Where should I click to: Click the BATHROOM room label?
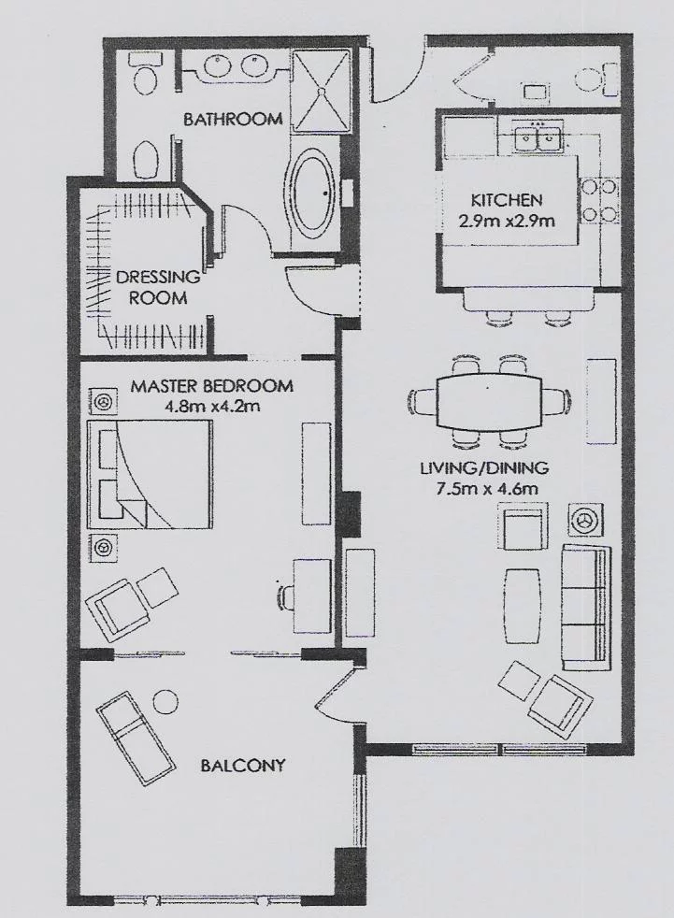coord(233,120)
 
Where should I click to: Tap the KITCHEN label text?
coord(507,200)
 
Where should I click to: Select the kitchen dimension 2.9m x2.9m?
coord(507,222)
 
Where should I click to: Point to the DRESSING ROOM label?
coord(158,287)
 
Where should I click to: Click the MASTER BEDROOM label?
coord(211,386)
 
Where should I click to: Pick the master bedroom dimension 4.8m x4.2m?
coord(212,405)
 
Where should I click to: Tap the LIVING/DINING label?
coord(484,467)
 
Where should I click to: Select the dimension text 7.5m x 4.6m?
coord(486,488)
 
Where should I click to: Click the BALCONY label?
coord(242,766)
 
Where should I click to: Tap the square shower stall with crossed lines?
coord(321,92)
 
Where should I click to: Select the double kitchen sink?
coord(538,139)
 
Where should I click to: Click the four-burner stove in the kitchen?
coord(597,201)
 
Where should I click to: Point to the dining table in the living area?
coord(490,401)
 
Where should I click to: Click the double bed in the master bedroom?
coord(149,472)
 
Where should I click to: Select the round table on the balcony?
coord(165,701)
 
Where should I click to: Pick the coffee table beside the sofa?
coord(523,606)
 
